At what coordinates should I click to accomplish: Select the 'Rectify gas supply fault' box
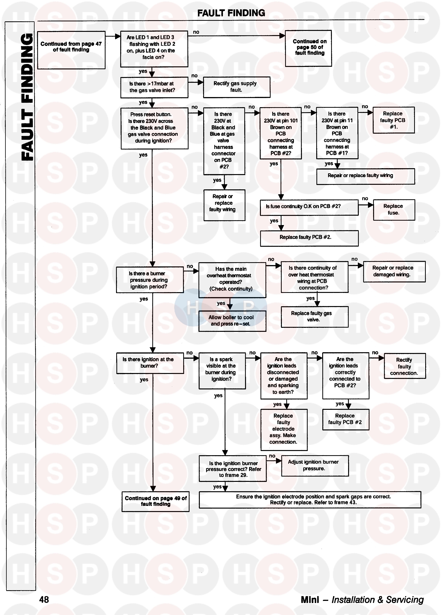pos(236,87)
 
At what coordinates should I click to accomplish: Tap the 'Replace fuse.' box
pos(394,210)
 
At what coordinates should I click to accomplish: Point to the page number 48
pos(44,600)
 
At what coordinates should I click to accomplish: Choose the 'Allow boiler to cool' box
pos(232,321)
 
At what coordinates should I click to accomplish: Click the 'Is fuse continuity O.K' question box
pos(309,207)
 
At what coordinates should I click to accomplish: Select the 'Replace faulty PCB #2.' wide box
pos(309,238)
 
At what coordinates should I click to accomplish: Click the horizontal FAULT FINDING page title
pos(231,13)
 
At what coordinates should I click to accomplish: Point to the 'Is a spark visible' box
pos(222,370)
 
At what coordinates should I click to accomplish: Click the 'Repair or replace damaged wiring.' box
pos(394,271)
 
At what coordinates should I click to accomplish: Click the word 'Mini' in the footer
pos(310,600)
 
